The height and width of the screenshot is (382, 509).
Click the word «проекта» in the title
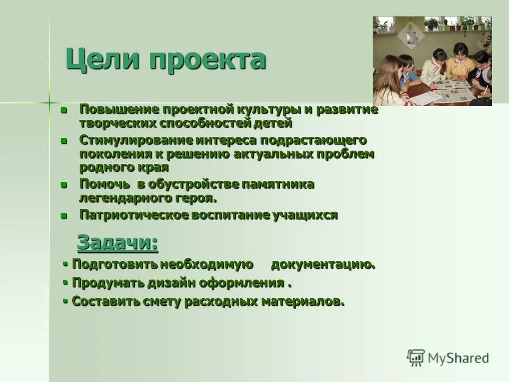tap(207, 59)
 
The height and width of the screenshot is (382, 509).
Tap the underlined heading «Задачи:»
tap(117, 242)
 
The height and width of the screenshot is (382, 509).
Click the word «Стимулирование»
tap(135, 141)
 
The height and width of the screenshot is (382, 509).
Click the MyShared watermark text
tap(459, 358)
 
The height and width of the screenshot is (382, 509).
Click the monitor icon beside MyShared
tap(416, 358)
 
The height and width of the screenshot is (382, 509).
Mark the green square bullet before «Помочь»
tap(64, 185)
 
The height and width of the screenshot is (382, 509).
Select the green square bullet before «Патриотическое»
tap(64, 215)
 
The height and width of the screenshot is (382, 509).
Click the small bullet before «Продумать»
tap(65, 282)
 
